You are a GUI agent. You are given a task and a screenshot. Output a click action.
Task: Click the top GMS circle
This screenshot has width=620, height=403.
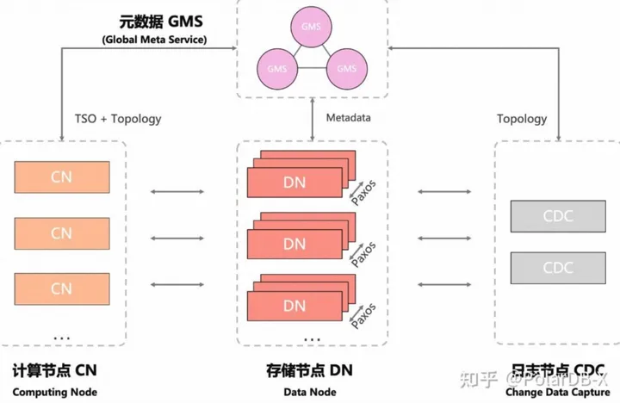point(311,27)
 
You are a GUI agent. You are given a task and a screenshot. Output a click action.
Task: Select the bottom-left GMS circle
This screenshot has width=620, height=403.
point(276,67)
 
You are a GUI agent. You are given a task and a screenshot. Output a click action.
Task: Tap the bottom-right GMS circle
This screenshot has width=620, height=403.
point(345,67)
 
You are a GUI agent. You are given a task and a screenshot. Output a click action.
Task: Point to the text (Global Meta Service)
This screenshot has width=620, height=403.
point(154,40)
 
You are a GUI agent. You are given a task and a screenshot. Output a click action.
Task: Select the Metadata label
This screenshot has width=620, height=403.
point(349,117)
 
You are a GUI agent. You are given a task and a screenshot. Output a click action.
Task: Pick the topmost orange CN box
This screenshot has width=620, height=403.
point(62,177)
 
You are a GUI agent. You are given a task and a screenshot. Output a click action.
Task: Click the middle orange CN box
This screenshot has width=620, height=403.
point(62,232)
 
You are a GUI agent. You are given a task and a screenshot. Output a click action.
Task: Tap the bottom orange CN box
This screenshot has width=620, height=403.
point(62,288)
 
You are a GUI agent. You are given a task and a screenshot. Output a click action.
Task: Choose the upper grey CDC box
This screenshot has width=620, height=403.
point(546,215)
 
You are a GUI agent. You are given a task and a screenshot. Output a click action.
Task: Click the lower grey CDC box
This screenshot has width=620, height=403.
point(546,268)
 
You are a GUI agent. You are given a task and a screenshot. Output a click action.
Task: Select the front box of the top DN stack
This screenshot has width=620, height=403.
point(294,183)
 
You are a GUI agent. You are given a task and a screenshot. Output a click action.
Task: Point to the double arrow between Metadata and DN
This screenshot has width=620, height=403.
point(312,117)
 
